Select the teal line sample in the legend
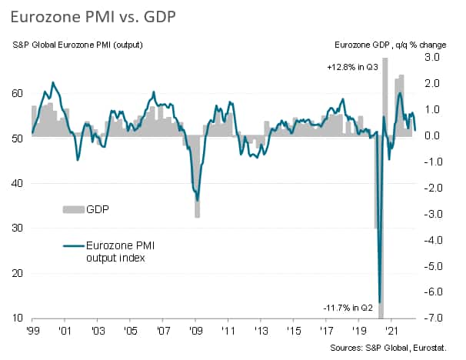click(x=72, y=245)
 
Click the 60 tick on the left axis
click(x=19, y=93)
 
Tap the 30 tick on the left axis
click(x=19, y=228)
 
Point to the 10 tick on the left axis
click(x=19, y=318)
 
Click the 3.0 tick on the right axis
click(x=431, y=57)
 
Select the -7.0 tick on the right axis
click(x=430, y=318)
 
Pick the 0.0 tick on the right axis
click(x=431, y=135)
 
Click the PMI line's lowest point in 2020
click(x=380, y=301)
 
